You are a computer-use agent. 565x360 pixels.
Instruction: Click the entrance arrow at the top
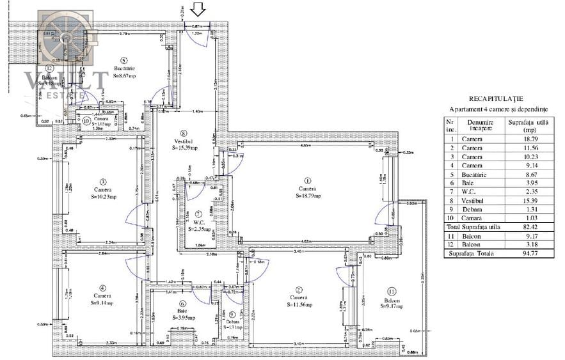tap(198, 9)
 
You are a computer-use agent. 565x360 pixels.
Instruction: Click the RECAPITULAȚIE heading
tap(496, 99)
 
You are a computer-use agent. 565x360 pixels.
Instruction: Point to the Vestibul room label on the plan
tap(183, 141)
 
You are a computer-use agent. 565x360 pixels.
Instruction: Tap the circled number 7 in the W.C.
tap(199, 214)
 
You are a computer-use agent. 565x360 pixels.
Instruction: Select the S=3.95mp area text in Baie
tap(182, 318)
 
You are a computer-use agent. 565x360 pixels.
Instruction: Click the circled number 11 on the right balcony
tap(391, 291)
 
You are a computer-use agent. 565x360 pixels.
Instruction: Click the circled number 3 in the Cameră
tap(102, 181)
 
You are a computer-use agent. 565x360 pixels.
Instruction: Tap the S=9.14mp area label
tap(102, 303)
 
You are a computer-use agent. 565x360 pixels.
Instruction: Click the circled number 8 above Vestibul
tap(183, 133)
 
